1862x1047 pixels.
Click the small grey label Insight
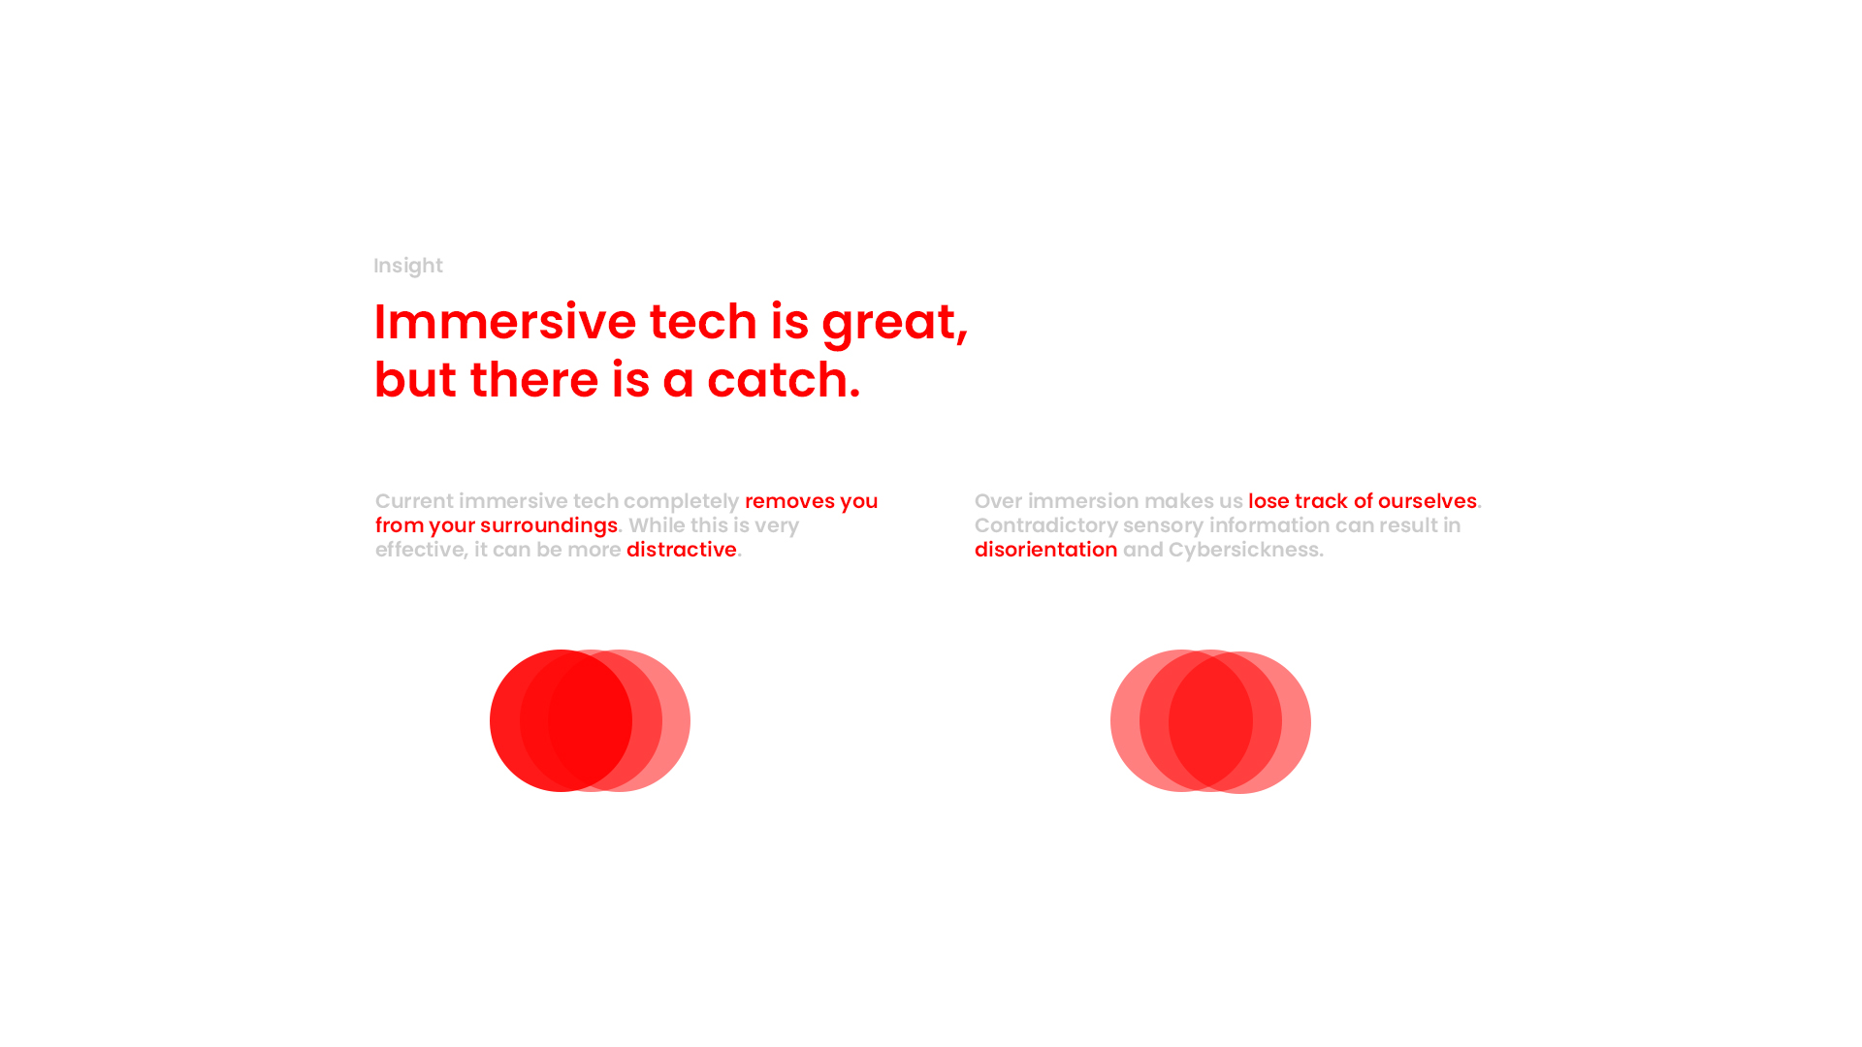[408, 267]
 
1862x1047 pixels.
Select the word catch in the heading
[778, 379]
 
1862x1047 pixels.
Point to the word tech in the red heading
[703, 321]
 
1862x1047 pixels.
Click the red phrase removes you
[811, 501]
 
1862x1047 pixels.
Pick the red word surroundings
[549, 525]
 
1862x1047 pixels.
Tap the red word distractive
[682, 550]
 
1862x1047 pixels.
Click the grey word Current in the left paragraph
[414, 501]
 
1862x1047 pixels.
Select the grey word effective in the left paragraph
[419, 550]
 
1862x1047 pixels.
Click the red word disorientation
[1046, 550]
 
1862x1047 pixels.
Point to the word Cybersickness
[1244, 550]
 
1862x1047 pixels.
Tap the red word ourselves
[1428, 501]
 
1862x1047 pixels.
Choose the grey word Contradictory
[1046, 525]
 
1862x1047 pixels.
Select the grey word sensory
[1163, 526]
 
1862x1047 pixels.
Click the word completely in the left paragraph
[681, 501]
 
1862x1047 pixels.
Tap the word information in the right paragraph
[1269, 525]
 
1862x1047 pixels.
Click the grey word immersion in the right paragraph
[1083, 501]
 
